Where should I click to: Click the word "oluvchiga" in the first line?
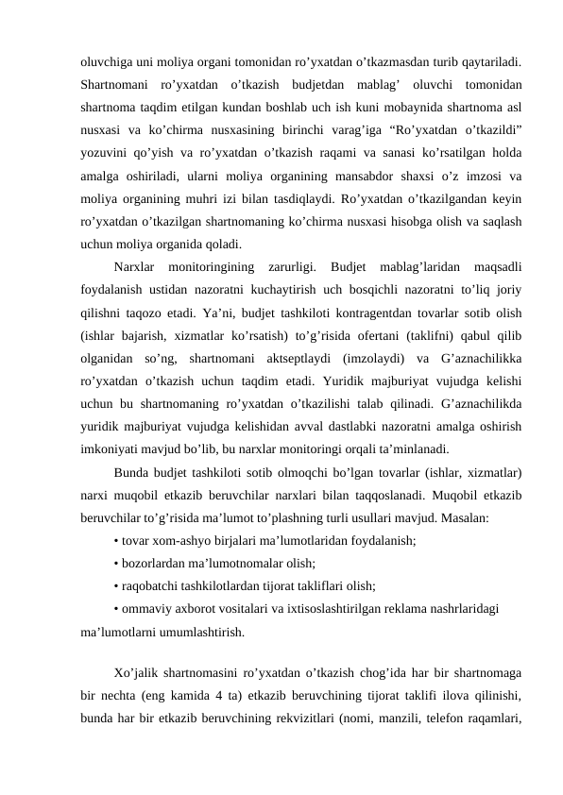(108, 61)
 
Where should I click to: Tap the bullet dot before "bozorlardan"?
(114, 561)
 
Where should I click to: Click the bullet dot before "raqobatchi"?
(114, 584)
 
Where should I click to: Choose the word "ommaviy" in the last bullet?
(145, 606)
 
